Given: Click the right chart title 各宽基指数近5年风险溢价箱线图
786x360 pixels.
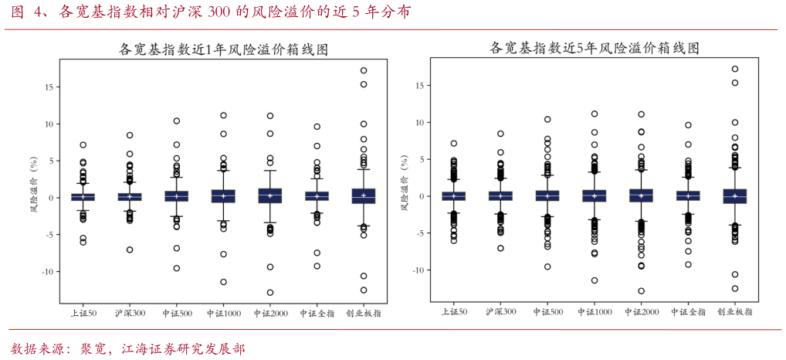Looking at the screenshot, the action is point(595,48).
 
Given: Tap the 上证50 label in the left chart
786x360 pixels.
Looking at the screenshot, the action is point(83,314).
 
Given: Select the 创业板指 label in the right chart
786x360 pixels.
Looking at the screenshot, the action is point(734,312).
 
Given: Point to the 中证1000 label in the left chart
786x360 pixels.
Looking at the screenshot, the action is point(223,314).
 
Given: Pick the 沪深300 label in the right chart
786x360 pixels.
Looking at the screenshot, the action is point(500,312).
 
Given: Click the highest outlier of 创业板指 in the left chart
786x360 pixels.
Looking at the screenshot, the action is point(364,70).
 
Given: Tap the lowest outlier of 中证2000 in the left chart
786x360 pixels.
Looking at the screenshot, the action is point(270,293).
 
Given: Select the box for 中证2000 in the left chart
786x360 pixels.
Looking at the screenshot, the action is point(270,195).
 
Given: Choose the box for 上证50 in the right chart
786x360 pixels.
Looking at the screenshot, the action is point(454,196).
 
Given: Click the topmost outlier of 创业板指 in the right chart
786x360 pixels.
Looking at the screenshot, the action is point(735,69).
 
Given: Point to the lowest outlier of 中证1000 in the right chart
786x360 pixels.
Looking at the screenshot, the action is point(595,280).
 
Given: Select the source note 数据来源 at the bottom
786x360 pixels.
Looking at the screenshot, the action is point(128,349).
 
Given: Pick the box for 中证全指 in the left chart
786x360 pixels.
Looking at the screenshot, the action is point(317,196).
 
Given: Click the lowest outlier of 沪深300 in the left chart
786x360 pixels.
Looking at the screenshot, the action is point(130,250).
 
